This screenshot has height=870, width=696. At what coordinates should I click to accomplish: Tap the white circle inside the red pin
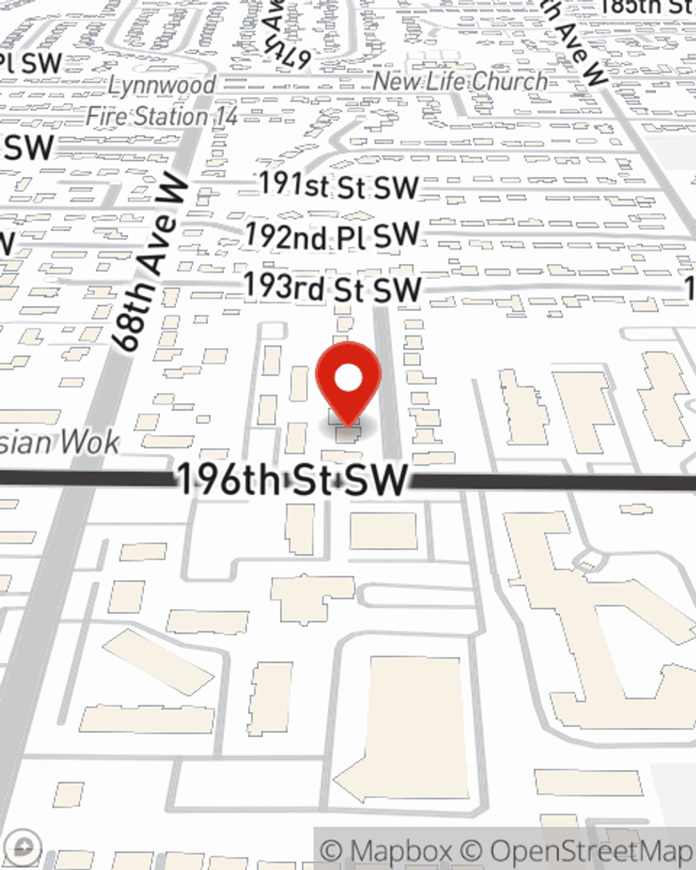[x=348, y=379]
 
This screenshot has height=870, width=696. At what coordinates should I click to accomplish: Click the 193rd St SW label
[x=332, y=288]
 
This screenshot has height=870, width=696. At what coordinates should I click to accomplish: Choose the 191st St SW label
[x=338, y=186]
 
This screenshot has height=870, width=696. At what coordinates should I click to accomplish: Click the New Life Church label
[x=460, y=81]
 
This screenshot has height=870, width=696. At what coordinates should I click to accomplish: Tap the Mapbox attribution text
[x=386, y=851]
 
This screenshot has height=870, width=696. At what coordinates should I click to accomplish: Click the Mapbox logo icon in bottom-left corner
[x=23, y=846]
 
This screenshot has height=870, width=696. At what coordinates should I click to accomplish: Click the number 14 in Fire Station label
[x=226, y=116]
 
